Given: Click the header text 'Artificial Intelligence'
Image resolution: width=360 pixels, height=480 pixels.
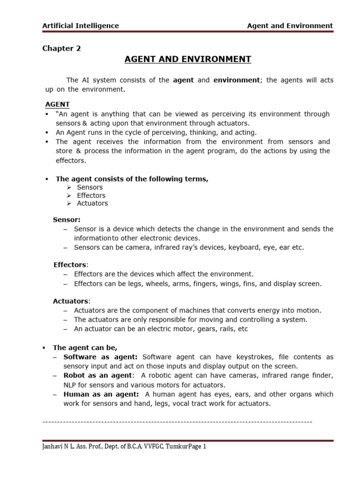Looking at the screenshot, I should [x=81, y=26].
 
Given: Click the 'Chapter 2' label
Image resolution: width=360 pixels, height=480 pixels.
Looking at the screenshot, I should [x=61, y=48].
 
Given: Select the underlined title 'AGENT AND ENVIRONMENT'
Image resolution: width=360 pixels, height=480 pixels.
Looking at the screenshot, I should [x=181, y=59].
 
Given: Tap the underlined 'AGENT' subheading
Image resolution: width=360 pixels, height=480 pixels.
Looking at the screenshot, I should [x=57, y=104].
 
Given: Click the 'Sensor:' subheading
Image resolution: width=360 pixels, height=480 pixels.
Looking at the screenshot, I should [x=67, y=219].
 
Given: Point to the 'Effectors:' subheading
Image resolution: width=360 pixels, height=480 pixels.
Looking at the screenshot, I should [x=70, y=264].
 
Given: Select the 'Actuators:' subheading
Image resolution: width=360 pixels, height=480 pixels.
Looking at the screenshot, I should [x=71, y=301].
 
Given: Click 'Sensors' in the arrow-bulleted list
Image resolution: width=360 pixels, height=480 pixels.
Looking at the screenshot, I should [x=90, y=187].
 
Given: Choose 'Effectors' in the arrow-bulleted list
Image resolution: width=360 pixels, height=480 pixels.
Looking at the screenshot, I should [x=91, y=195].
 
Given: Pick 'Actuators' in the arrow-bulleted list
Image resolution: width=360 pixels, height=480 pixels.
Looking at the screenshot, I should [x=92, y=203].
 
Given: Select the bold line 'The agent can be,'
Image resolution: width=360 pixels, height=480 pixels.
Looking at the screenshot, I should [x=85, y=348].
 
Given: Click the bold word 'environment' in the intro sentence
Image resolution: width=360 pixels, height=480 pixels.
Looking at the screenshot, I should [x=236, y=80].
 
